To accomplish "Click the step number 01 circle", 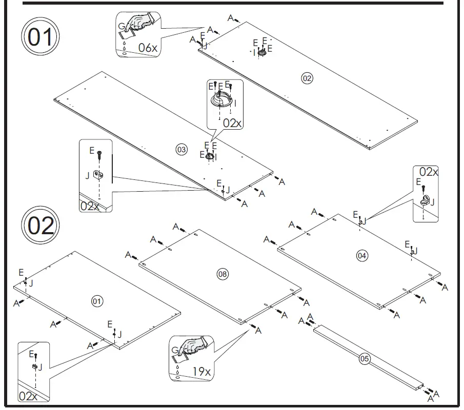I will pos(41,38).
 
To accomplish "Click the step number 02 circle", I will pos(41,225).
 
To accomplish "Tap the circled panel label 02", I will pos(307,78).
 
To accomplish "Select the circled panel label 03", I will pos(181,150).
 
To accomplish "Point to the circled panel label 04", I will pos(362,255).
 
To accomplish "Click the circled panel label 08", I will pos(222,274).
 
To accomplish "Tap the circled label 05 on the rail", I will pos(364,359).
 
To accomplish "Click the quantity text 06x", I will pos(148,48).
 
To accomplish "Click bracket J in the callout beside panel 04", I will pos(426,200).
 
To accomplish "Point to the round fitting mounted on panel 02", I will pos(261,51).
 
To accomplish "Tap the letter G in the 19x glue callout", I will pos(175,351).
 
